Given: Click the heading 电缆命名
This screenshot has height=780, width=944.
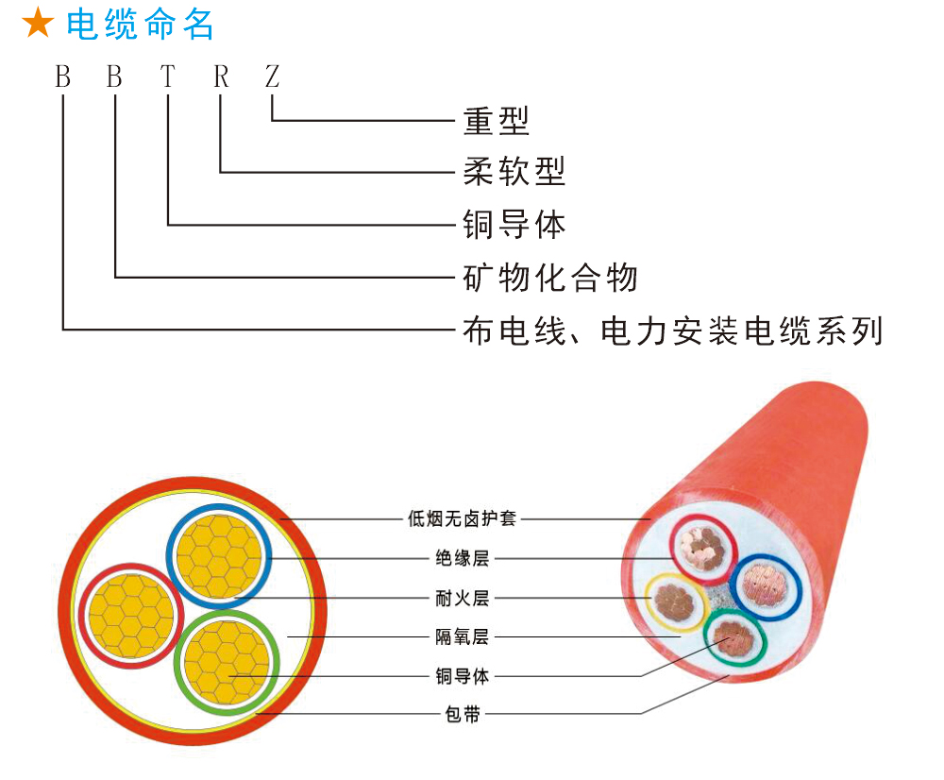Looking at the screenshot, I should (x=141, y=25).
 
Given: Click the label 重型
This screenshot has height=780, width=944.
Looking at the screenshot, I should (x=497, y=120).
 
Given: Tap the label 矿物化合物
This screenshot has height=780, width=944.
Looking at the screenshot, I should (x=550, y=278).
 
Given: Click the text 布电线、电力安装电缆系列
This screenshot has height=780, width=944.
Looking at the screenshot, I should (x=673, y=331).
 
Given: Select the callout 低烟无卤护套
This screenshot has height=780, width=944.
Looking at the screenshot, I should (x=462, y=518).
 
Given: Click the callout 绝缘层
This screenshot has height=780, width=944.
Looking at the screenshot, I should (x=462, y=558).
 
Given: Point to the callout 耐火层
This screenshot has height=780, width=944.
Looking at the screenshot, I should (x=462, y=598).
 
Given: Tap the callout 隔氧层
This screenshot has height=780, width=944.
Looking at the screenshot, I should (x=462, y=636).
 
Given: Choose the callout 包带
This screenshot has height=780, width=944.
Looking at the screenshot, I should (x=462, y=715).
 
